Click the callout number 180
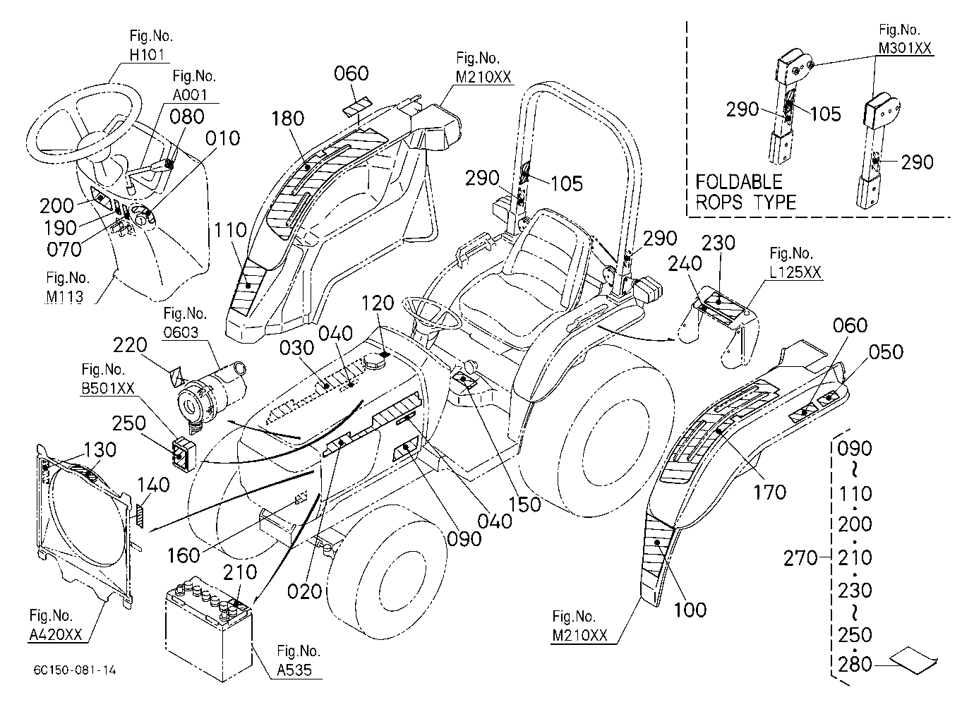288,119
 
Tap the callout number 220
130,345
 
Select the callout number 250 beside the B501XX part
129,423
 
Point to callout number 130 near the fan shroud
100,450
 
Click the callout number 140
153,485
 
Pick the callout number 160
184,556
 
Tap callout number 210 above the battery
240,573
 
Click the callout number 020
304,592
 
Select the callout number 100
690,610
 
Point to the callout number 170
769,493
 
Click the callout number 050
886,352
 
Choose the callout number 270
800,558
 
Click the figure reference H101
147,55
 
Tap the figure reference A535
294,670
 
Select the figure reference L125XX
795,272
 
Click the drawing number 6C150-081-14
75,670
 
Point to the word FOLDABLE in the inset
739,182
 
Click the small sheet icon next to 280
913,661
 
